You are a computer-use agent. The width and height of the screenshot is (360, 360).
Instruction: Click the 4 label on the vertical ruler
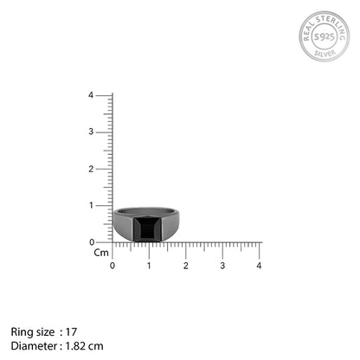click(x=102, y=95)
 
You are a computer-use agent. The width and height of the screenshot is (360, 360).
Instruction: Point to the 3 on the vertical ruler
click(x=102, y=132)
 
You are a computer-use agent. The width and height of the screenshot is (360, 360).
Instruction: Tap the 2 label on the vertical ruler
click(x=102, y=169)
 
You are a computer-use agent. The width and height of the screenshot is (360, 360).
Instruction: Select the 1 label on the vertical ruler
click(x=102, y=205)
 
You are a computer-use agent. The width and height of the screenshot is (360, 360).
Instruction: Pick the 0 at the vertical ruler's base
click(x=102, y=241)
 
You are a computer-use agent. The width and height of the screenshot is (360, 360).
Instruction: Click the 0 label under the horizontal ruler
click(x=112, y=265)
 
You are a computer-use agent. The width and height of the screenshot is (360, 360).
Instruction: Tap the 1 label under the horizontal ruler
click(x=149, y=265)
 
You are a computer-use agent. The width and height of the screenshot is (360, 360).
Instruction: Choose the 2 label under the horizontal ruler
click(x=185, y=265)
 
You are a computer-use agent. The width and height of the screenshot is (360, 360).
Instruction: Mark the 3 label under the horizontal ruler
click(x=222, y=265)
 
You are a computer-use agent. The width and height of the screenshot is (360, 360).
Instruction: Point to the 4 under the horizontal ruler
click(x=259, y=265)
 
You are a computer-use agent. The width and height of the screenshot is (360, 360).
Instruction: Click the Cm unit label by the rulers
click(x=101, y=253)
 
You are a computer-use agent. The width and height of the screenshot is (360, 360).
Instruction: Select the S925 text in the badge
click(x=325, y=39)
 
